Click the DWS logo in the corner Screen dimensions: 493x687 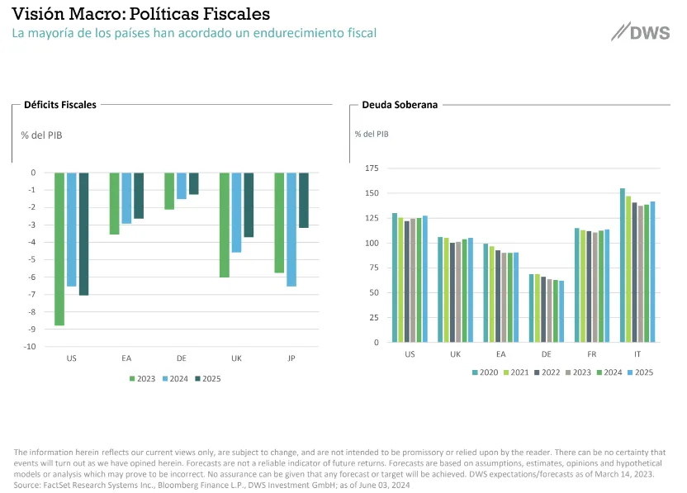pyautogui.click(x=641, y=33)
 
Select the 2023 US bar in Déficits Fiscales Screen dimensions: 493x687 pyautogui.click(x=59, y=249)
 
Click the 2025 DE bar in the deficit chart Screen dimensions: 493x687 pyautogui.click(x=194, y=183)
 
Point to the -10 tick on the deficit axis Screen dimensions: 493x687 pyautogui.click(x=31, y=347)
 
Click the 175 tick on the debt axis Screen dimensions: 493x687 pyautogui.click(x=371, y=168)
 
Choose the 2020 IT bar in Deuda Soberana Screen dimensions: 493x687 pyautogui.click(x=623, y=265)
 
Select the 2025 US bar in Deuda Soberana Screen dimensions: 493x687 pyautogui.click(x=424, y=279)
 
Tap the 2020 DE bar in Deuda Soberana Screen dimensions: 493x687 pyautogui.click(x=532, y=308)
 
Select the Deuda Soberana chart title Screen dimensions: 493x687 pyautogui.click(x=400, y=105)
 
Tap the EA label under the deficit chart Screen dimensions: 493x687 pyautogui.click(x=127, y=359)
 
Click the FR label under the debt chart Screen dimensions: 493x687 pyautogui.click(x=591, y=353)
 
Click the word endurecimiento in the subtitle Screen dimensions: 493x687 pyautogui.click(x=269, y=33)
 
